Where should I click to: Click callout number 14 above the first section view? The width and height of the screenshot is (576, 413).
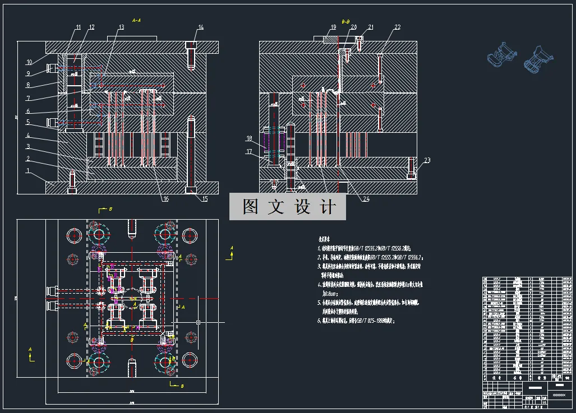[x=201, y=27]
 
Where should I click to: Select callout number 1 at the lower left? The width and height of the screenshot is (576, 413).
[x=27, y=171]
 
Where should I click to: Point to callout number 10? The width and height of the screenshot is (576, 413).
[x=29, y=62]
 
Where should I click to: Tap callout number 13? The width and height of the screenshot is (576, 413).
[x=121, y=27]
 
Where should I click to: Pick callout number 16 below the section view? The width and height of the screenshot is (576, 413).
[x=165, y=199]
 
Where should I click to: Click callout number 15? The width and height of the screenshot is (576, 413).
[x=205, y=199]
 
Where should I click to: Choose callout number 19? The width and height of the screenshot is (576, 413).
[x=333, y=27]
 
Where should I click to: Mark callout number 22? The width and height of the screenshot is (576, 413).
[x=397, y=27]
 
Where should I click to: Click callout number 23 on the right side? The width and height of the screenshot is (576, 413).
[x=427, y=161]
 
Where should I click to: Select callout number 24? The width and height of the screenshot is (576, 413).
[x=366, y=199]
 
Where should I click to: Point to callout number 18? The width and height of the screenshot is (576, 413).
[x=249, y=138]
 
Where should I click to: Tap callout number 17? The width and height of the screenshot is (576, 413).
[x=249, y=151]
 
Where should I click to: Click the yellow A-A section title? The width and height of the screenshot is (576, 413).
[x=136, y=20]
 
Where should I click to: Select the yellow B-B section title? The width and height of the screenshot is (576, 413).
[x=346, y=20]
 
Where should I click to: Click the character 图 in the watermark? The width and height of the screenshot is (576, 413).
[x=250, y=207]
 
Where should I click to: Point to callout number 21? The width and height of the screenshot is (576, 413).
[x=371, y=27]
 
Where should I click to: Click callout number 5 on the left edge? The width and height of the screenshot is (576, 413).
[x=27, y=122]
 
